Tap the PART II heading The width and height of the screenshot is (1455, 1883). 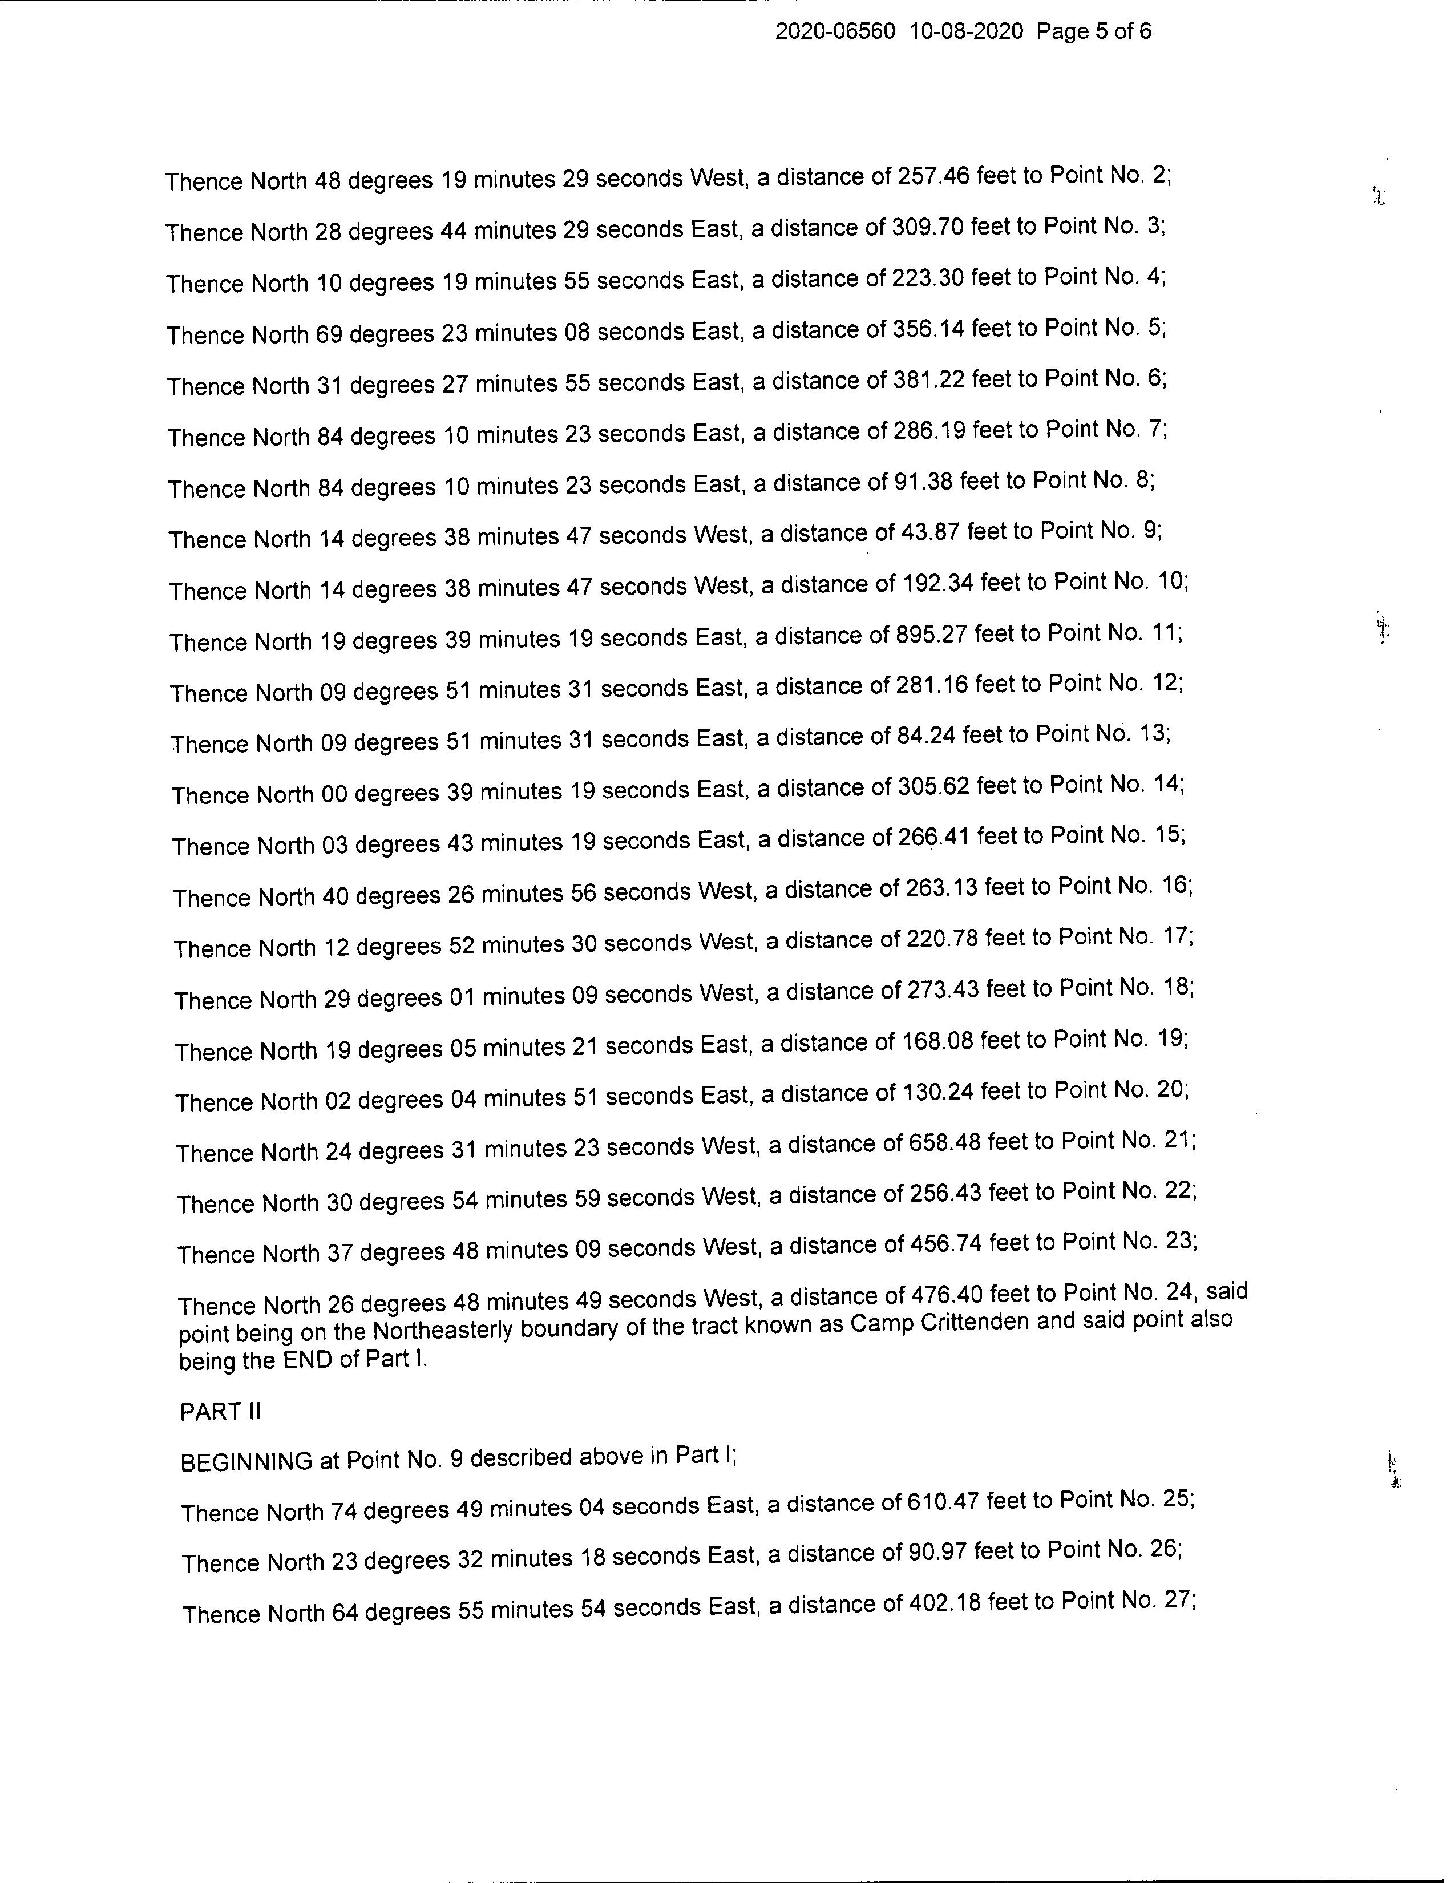[x=220, y=1411]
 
